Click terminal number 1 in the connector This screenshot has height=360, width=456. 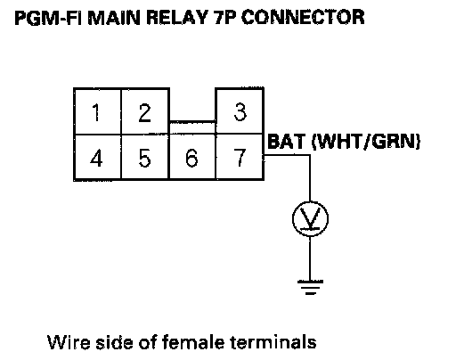tap(96, 112)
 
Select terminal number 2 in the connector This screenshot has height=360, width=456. tap(144, 112)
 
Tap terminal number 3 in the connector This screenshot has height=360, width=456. tap(240, 112)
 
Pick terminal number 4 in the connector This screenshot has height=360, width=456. tap(96, 158)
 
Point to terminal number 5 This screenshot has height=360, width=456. tap(144, 158)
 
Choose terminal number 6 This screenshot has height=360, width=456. tap(191, 158)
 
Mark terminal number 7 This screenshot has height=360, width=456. tap(240, 158)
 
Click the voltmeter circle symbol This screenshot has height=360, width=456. tap(310, 219)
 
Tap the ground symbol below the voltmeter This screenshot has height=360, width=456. tap(310, 287)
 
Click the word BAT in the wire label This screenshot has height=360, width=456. tap(287, 142)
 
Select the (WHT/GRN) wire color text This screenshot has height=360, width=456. tap(366, 142)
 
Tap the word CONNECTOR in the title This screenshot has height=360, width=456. tap(303, 17)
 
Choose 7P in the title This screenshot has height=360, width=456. tap(224, 17)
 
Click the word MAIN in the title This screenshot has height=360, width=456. tap(114, 17)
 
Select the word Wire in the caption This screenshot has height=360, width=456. tap(69, 342)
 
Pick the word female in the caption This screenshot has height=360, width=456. tap(193, 342)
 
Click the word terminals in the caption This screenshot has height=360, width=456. tap(273, 342)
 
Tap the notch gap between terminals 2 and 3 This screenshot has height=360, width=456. tap(192, 104)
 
